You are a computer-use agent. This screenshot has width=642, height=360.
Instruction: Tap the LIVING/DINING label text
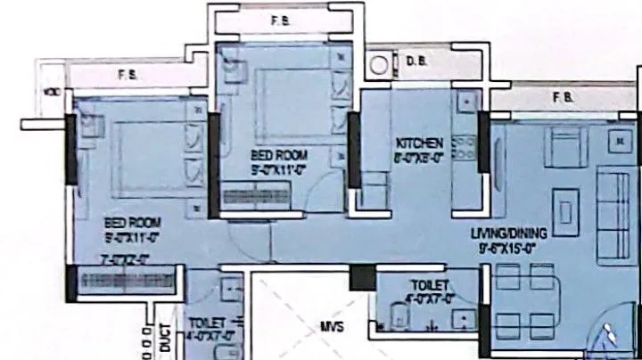click(508, 233)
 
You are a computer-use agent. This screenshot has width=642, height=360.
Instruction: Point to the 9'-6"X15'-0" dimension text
click(508, 249)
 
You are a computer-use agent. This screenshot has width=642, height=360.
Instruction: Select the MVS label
click(332, 327)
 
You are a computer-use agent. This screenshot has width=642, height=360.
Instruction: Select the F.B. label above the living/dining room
click(562, 95)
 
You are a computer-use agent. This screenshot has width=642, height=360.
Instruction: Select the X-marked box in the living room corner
click(617, 140)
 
